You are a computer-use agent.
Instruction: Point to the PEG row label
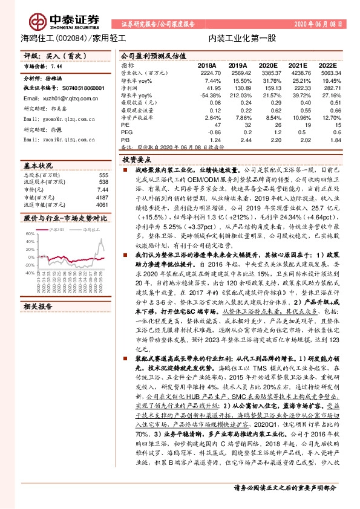coord(126,132)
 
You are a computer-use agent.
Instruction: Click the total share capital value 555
coord(103,175)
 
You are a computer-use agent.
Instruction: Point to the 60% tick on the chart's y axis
coord(30,234)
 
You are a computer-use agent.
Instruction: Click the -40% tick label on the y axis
coord(29,273)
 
